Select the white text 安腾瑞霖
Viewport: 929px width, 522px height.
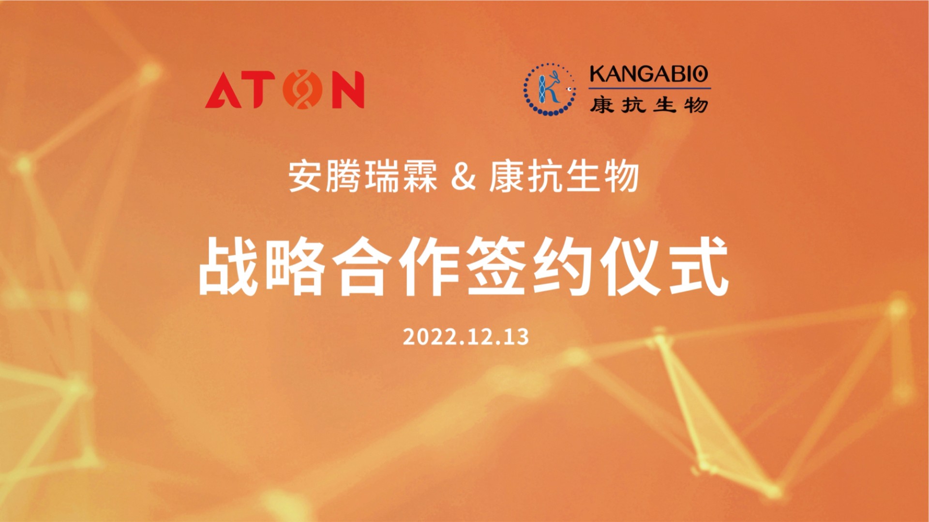pyautogui.click(x=363, y=177)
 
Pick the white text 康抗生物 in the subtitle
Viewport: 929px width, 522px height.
pyautogui.click(x=564, y=177)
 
